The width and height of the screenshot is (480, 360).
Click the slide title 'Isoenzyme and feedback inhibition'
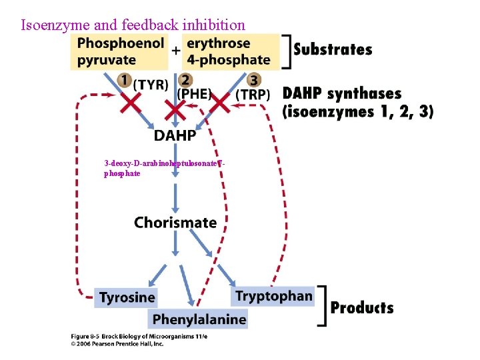click(x=133, y=25)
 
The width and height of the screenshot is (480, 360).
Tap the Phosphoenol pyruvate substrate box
click(x=120, y=51)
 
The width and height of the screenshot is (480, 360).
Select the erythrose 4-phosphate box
click(x=229, y=51)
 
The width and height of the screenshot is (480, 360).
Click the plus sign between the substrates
click(x=176, y=50)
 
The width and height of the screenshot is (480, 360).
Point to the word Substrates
click(x=333, y=49)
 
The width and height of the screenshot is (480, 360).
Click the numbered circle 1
click(x=124, y=81)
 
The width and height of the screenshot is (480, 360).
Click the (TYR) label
click(x=151, y=85)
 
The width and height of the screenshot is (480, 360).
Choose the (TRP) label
click(x=253, y=95)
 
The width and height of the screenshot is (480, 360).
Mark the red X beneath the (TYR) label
click(x=129, y=103)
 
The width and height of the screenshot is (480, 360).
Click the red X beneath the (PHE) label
click(x=175, y=109)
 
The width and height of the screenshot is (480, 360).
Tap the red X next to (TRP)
click(x=220, y=103)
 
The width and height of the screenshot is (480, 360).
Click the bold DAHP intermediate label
click(x=175, y=136)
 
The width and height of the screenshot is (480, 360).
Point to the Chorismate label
click(x=175, y=223)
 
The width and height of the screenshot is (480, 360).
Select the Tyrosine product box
click(x=127, y=297)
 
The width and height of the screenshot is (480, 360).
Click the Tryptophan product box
click(x=274, y=296)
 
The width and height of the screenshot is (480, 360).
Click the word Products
click(x=362, y=308)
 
